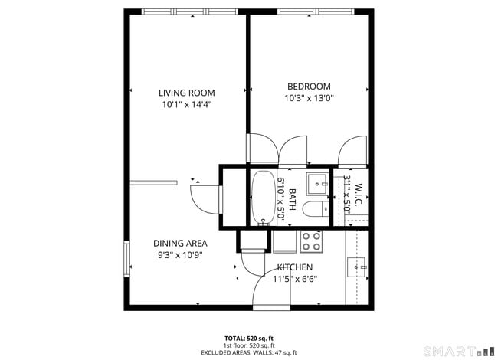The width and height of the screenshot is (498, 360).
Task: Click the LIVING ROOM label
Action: [x=186, y=93]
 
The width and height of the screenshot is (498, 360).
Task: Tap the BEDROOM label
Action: [x=309, y=87]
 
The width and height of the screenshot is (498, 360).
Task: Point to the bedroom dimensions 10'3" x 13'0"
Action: [x=309, y=98]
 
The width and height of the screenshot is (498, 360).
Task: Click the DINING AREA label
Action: [x=180, y=244]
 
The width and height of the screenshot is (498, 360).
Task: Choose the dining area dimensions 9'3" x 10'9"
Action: [x=180, y=255]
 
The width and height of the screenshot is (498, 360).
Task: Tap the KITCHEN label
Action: [x=295, y=267]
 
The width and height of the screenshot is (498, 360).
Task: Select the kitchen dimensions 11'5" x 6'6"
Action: [x=295, y=279]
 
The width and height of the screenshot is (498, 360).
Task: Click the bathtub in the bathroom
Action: [x=263, y=197]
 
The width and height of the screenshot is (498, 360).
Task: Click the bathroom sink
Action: [x=317, y=184]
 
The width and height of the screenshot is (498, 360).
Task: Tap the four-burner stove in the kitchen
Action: [x=311, y=241]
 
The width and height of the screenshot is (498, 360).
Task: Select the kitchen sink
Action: [x=356, y=267]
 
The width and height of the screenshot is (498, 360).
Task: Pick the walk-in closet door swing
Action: [x=354, y=149]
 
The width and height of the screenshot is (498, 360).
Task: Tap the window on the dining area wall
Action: [x=127, y=257]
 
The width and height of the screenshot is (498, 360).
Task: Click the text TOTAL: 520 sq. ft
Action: [x=249, y=338]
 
